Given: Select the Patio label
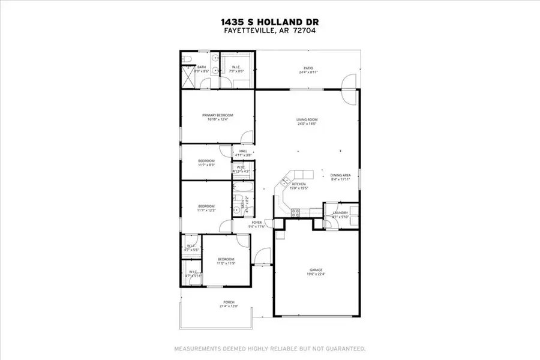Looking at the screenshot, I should pos(308,68).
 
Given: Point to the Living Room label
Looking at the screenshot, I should pos(306,120).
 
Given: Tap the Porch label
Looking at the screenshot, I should pos(228,302).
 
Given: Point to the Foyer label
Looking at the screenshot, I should pos(256,222).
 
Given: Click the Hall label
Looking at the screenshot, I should pos(243,151).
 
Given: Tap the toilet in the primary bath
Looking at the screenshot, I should pos(186,58).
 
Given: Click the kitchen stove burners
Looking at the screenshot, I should pos(295,211).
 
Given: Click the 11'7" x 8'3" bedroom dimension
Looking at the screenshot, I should pos(206,165).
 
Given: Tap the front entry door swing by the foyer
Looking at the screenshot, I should pos(262,258).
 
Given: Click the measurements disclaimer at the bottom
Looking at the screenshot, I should pos(269,349).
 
